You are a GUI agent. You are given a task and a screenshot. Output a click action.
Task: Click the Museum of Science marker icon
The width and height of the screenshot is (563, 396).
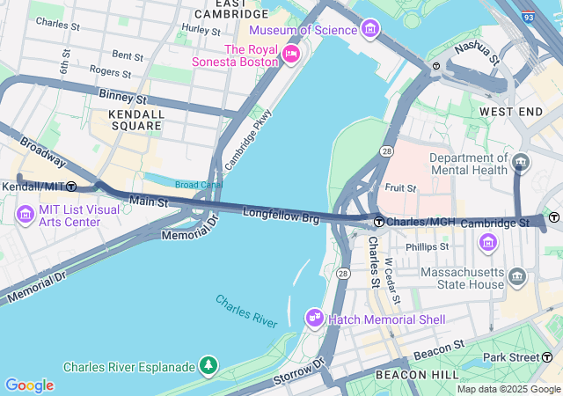pos(370,31)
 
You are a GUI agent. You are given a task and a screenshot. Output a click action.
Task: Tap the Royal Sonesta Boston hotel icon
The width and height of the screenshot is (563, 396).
pos(291,55)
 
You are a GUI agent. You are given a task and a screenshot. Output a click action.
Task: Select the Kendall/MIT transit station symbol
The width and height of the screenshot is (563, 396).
pos(71,187)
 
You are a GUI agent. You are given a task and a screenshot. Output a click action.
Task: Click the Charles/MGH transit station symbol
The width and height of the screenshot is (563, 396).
pos(378,221)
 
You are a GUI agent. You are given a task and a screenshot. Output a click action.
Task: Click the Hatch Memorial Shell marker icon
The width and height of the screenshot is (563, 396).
pos(314,318)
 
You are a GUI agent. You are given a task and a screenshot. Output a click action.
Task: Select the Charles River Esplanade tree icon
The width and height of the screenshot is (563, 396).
pos(208,364)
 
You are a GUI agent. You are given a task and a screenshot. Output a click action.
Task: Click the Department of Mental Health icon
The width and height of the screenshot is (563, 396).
pos(520,163)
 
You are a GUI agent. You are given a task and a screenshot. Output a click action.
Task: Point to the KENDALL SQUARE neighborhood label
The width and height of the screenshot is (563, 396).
pos(135,120)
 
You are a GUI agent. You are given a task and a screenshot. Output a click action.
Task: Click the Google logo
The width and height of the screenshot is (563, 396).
pos(29,385)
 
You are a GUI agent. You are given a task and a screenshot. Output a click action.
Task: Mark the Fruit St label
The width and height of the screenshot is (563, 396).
pos(400,187)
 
